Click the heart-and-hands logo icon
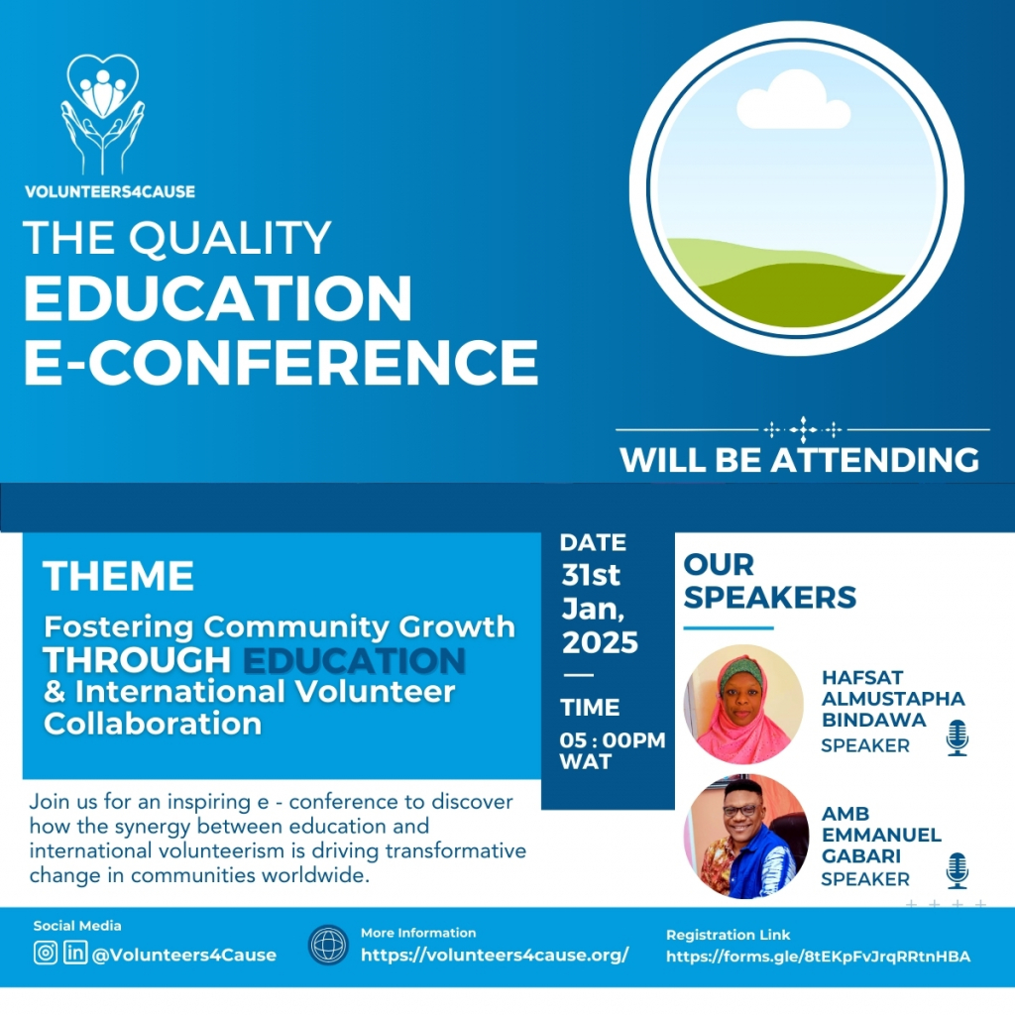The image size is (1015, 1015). (x=103, y=114)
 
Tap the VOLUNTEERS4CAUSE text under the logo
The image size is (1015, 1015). (x=110, y=191)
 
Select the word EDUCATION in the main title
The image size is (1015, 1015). (x=217, y=297)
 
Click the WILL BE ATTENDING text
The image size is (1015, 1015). (x=800, y=460)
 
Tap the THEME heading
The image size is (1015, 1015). (x=119, y=576)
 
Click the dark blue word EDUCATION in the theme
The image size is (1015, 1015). (x=354, y=660)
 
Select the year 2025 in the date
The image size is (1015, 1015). (x=600, y=642)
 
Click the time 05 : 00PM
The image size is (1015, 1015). (x=613, y=739)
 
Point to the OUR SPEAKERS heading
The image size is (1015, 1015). (x=769, y=581)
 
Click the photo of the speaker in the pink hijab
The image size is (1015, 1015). (x=743, y=705)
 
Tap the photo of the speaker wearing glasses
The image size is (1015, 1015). (x=746, y=837)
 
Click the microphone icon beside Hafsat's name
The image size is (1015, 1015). (x=958, y=737)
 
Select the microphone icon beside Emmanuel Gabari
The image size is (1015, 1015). (x=958, y=870)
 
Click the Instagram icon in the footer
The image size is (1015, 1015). (x=46, y=953)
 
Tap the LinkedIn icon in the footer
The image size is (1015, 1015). (x=75, y=953)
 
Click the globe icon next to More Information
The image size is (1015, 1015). (x=329, y=945)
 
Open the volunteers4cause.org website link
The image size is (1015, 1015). (x=495, y=955)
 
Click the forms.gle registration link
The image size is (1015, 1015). (x=818, y=957)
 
